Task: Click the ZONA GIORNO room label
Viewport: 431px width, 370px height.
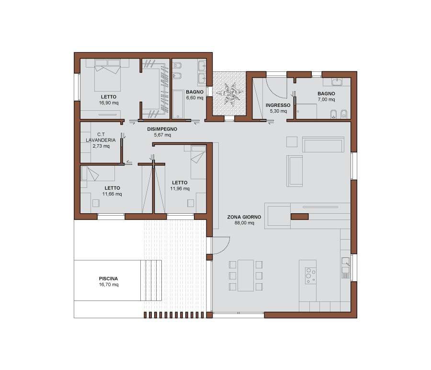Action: pos(244,217)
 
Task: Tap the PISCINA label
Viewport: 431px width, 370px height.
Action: pos(108,278)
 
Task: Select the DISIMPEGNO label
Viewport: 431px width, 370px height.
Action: pos(162,129)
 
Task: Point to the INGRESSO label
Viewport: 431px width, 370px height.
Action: pos(278,105)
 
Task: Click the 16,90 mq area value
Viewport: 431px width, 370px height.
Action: pos(109,103)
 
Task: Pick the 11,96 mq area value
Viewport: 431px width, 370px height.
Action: pos(180,189)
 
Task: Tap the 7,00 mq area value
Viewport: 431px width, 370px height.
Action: pos(326,100)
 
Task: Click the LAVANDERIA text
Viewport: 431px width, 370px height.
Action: pos(101,140)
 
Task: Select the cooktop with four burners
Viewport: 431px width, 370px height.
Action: pos(310,276)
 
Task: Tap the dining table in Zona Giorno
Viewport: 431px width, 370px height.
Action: pos(246,276)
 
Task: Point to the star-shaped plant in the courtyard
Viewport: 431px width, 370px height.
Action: pos(230,94)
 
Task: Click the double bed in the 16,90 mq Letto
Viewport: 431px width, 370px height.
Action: pos(107,75)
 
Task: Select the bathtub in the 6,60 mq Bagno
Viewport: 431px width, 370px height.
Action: pos(178,104)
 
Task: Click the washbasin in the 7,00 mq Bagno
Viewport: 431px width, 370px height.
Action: pos(337,82)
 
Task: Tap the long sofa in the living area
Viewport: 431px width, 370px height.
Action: pos(323,145)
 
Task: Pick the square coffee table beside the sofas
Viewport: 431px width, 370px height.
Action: pos(292,142)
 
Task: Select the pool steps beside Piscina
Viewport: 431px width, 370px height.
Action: pos(151,280)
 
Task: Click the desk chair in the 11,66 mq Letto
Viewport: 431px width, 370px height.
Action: pos(96,203)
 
